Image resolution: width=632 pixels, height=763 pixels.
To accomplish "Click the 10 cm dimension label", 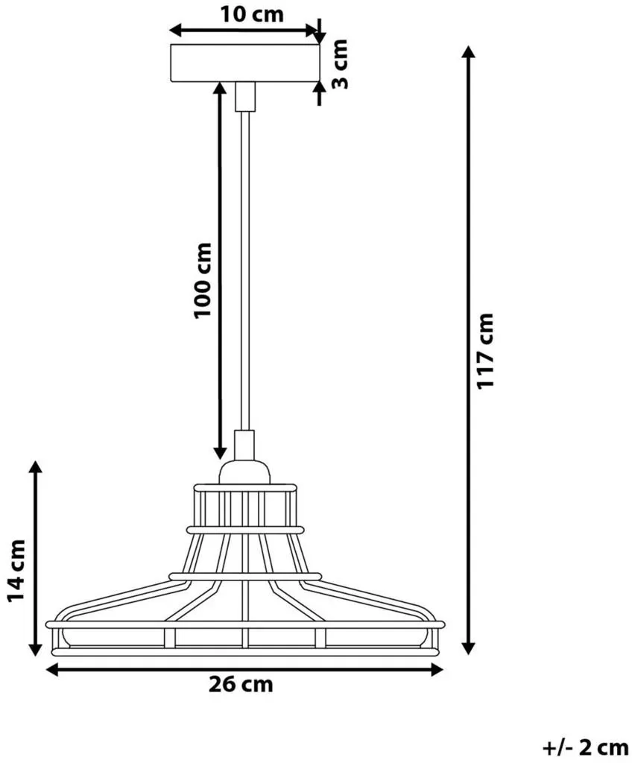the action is tap(252, 14).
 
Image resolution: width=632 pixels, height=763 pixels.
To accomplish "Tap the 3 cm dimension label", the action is tap(340, 64).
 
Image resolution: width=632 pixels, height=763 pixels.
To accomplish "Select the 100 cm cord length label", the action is tap(203, 280).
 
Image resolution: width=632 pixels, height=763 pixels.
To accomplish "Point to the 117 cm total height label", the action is tap(485, 350).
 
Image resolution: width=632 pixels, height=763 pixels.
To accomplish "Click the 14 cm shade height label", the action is tap(16, 570).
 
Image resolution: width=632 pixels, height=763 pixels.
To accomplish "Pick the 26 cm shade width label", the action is tap(241, 684).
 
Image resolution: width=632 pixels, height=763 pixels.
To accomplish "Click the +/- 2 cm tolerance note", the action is tap(585, 747).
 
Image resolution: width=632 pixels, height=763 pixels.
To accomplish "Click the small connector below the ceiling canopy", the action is tap(245, 96).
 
